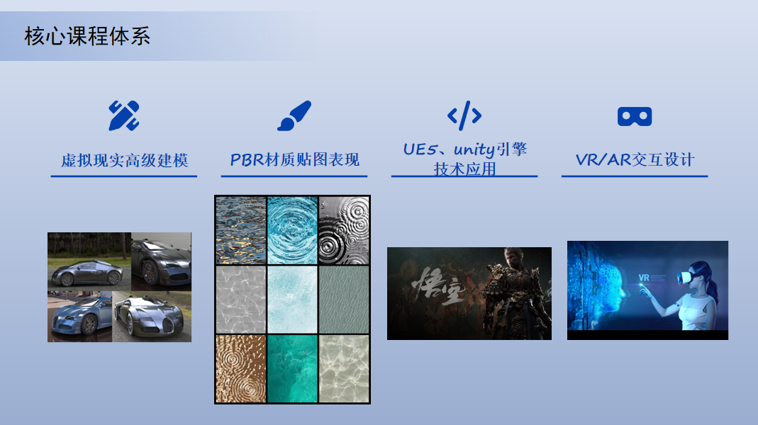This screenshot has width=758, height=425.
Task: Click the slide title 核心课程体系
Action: click(x=87, y=36)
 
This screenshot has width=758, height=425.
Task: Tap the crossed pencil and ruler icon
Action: click(x=124, y=116)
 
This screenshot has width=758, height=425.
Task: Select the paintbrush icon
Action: click(x=294, y=116)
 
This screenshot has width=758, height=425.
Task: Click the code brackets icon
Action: click(x=464, y=116)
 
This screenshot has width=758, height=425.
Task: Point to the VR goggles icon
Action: click(x=634, y=116)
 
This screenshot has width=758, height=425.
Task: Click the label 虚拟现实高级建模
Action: click(x=124, y=160)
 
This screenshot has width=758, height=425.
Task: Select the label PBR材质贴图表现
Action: click(x=294, y=159)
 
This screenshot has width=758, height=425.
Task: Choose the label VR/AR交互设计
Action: click(x=635, y=159)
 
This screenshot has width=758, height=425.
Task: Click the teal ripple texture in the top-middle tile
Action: click(x=292, y=230)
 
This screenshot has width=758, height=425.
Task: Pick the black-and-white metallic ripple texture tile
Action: click(x=344, y=230)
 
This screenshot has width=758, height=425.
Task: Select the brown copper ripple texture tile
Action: click(x=241, y=368)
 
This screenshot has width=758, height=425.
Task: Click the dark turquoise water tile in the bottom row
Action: click(x=292, y=368)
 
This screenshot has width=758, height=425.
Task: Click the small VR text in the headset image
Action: click(x=643, y=278)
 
